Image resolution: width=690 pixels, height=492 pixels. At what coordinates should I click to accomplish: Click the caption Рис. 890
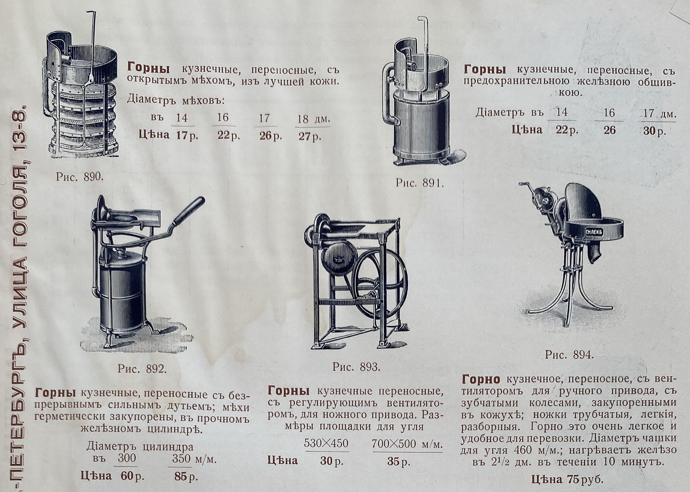(80, 177)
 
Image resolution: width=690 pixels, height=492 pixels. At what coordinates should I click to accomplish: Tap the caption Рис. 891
(419, 183)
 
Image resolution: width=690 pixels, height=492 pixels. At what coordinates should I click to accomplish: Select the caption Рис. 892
(142, 369)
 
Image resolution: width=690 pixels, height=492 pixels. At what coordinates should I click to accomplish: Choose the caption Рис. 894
(569, 355)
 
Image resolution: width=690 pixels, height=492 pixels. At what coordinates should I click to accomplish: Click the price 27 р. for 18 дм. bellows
(310, 137)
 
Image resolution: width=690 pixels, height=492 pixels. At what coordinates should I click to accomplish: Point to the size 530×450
(326, 443)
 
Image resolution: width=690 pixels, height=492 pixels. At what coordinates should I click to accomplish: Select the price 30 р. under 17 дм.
(654, 131)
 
